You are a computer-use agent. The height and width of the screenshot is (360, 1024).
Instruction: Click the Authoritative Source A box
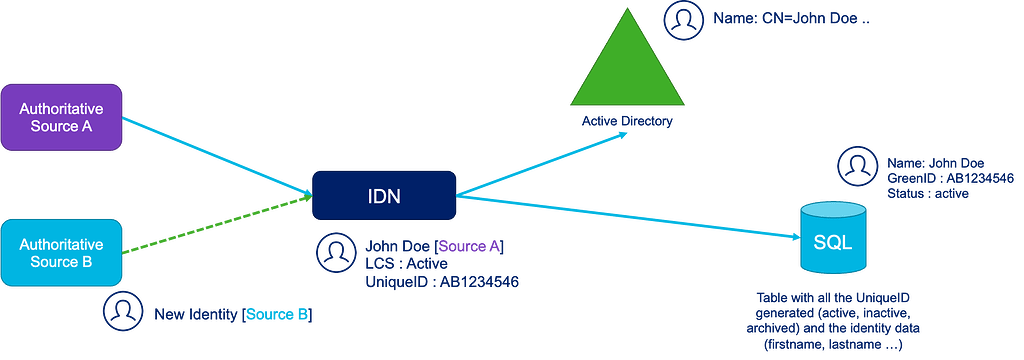point(62,117)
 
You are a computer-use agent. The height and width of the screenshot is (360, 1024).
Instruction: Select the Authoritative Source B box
point(62,252)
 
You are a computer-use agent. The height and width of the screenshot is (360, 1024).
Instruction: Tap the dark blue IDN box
point(383,195)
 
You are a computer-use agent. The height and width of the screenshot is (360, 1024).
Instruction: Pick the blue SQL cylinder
point(832,240)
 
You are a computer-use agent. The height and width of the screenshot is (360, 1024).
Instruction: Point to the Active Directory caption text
point(627,122)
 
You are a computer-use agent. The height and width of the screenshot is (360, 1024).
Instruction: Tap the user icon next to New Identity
point(120,311)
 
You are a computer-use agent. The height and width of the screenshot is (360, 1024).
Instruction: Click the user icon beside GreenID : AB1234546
point(855,166)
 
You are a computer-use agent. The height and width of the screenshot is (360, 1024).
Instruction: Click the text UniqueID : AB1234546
point(441,282)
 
